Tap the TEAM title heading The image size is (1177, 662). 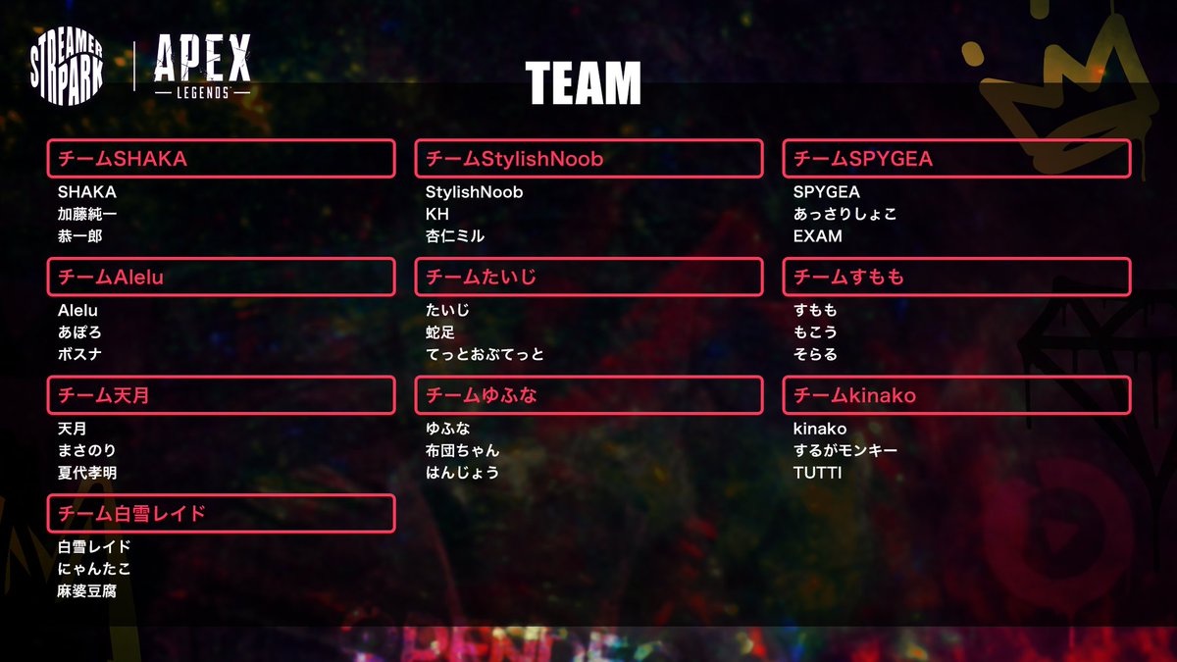[x=583, y=83]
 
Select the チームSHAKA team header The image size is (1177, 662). [x=221, y=159]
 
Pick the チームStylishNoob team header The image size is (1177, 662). [x=588, y=159]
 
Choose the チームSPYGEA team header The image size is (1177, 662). [x=956, y=159]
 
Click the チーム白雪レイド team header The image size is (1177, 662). [x=221, y=514]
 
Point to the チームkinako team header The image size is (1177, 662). [x=956, y=395]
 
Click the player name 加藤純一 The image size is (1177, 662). [x=87, y=214]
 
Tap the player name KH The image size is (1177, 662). [x=437, y=214]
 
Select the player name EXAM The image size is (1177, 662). [x=818, y=236]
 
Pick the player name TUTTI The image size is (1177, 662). [x=818, y=473]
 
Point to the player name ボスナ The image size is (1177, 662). [x=79, y=354]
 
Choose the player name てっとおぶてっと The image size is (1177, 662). [x=485, y=354]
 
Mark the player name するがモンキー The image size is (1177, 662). [x=845, y=451]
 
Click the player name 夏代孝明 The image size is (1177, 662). [x=87, y=473]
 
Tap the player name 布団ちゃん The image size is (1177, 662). [x=463, y=451]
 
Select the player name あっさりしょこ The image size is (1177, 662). [x=845, y=214]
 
